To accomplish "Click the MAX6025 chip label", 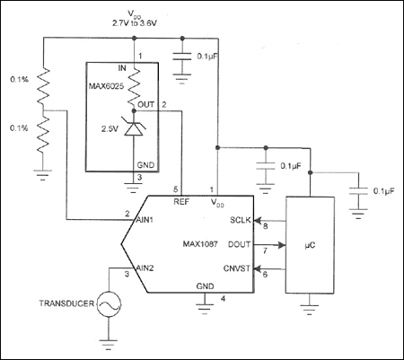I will pos(107,85).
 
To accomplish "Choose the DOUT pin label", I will pos(241,244).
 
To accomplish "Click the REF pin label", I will pos(181,202).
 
